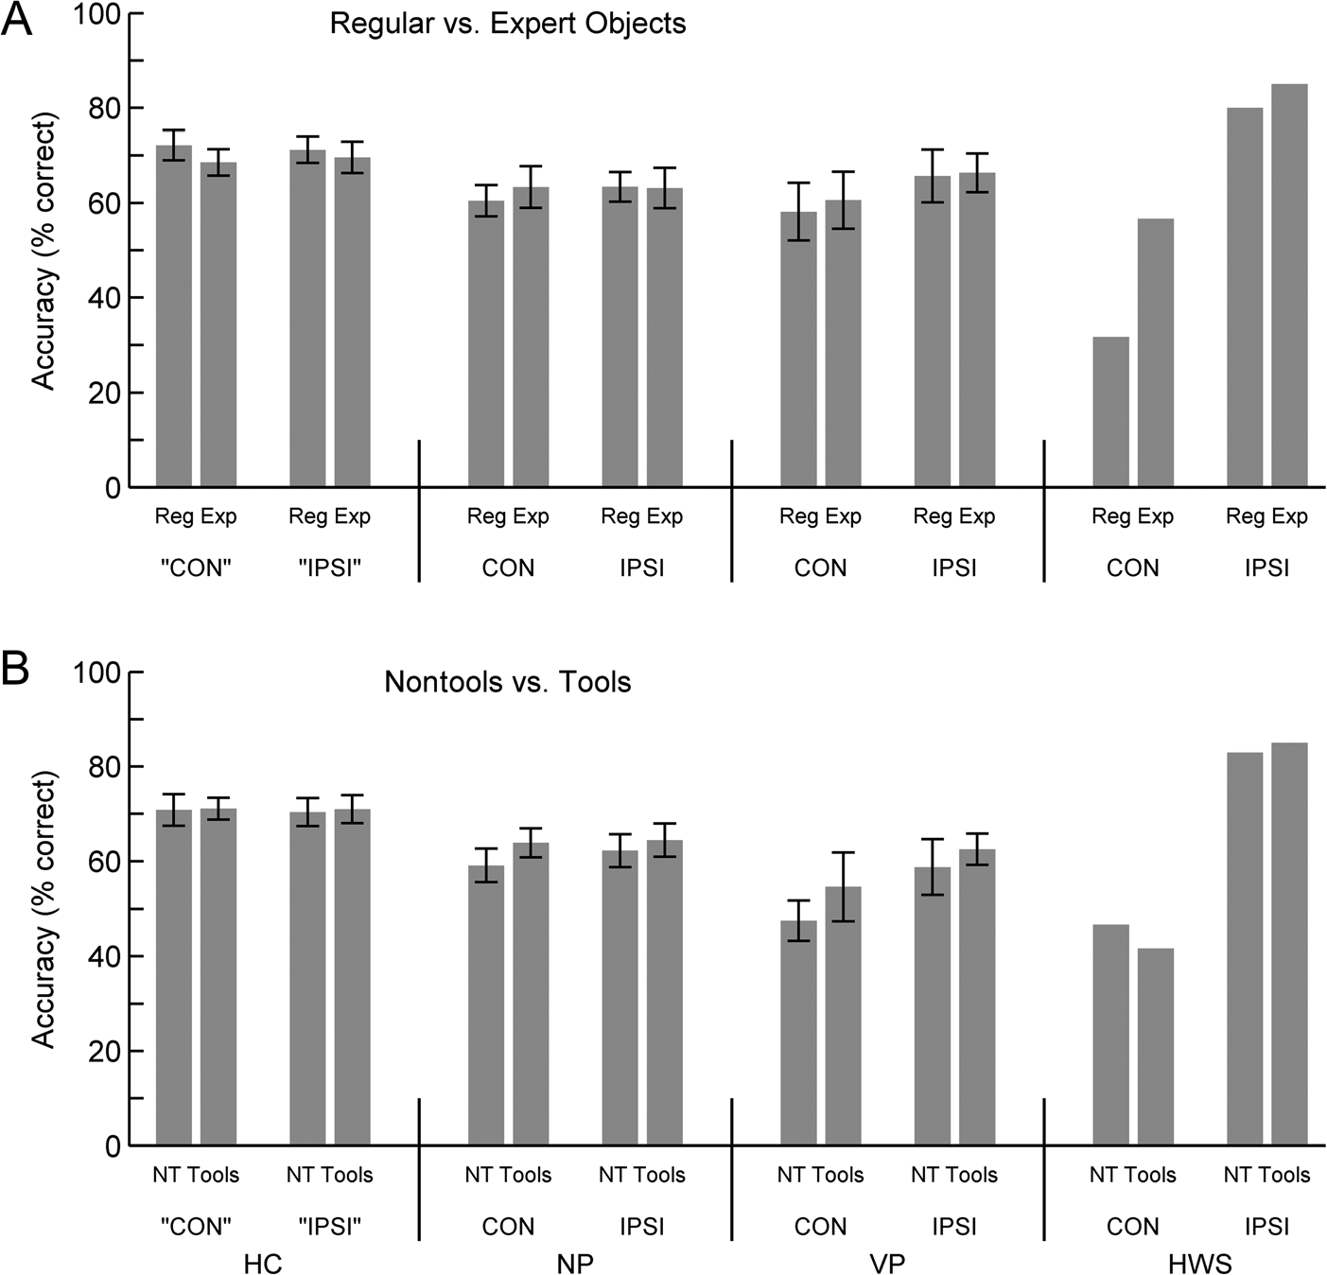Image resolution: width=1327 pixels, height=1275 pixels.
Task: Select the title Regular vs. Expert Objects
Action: coord(508,24)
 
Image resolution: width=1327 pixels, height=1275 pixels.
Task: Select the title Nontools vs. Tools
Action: coord(508,682)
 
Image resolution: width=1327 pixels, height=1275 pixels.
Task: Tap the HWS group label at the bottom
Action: coord(1199,1264)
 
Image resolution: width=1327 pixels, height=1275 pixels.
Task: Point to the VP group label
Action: coord(887,1264)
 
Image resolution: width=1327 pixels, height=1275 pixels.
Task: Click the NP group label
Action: coord(575,1264)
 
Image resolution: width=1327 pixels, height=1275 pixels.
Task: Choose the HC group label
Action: coord(263,1264)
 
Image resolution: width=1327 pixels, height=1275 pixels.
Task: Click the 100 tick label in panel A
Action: coord(98,15)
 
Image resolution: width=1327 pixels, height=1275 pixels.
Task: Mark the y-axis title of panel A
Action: coord(44,251)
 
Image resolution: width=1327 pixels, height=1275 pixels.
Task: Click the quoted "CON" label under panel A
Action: coord(196,568)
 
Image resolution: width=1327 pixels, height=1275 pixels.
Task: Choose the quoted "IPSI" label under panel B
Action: coord(329,1227)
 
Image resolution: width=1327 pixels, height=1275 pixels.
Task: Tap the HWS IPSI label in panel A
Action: coord(1266,568)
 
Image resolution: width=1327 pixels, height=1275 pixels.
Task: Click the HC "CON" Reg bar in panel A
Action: coord(174,316)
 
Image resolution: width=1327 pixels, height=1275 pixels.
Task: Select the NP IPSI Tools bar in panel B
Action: coord(664,992)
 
